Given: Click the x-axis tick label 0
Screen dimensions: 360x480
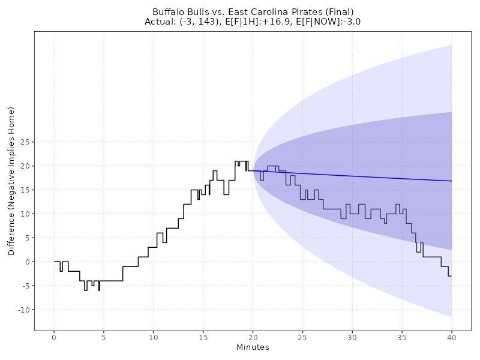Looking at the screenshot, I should click(54, 338).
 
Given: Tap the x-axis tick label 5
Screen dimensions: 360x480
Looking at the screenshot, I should click(104, 338).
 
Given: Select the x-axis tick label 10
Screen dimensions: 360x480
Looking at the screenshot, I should click(154, 338).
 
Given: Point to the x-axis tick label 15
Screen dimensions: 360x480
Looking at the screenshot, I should click(203, 338).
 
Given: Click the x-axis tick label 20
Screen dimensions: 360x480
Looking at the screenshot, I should click(253, 338).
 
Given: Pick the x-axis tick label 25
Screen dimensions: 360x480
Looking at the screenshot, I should click(302, 338).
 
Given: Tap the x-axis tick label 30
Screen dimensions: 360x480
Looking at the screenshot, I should click(352, 338).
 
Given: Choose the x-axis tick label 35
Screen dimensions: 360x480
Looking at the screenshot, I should click(402, 338).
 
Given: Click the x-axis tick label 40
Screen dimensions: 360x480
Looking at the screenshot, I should click(452, 338).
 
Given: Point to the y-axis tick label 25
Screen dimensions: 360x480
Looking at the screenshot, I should click(25, 142).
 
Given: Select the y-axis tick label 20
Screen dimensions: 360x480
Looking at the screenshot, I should click(25, 166).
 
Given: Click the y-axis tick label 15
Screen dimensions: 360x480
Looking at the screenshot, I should click(25, 190).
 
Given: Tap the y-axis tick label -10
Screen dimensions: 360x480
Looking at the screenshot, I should click(23, 310).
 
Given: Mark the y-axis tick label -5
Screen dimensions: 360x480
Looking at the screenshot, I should click(25, 286).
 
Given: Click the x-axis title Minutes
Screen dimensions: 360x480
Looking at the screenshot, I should click(253, 348).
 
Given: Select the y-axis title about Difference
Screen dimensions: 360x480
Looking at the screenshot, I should click(11, 181).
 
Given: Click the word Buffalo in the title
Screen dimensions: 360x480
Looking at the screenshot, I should click(167, 12).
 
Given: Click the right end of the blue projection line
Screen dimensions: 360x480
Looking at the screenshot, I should click(451, 181).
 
